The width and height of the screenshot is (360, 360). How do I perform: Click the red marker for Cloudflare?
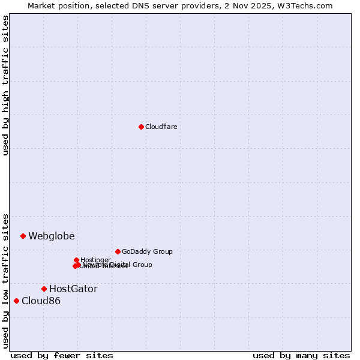click(141, 127)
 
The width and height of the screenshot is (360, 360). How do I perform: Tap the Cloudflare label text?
click(161, 127)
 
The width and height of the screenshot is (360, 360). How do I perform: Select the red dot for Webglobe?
click(23, 236)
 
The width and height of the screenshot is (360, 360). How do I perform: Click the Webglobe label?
click(52, 236)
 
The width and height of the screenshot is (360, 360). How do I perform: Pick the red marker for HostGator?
click(44, 289)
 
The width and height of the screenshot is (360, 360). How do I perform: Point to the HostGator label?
click(73, 289)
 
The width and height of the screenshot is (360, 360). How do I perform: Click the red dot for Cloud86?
click(16, 301)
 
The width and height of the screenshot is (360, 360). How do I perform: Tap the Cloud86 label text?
click(41, 301)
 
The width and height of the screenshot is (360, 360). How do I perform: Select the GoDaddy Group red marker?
click(118, 251)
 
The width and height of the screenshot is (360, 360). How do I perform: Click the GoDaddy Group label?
click(147, 251)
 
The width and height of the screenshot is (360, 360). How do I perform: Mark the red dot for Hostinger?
click(76, 260)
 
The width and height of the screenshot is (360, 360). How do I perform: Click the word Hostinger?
click(95, 260)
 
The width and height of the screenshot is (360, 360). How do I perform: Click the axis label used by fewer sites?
click(62, 355)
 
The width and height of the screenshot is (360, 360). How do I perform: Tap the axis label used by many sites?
click(301, 355)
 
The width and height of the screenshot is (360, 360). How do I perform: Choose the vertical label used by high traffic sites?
click(5, 86)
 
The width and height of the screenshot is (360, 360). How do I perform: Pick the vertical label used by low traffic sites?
click(5, 280)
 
